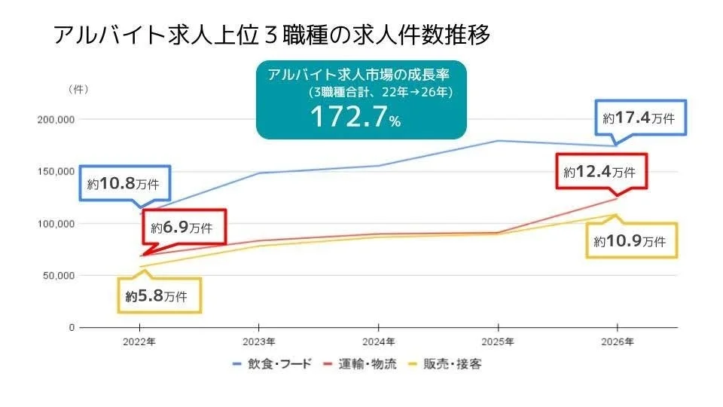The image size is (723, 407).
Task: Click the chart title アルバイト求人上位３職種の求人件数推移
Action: (x=271, y=35)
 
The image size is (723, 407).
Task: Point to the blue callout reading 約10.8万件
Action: (x=125, y=184)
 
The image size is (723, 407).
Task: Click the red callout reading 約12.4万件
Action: (x=599, y=172)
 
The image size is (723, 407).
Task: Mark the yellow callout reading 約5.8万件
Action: (x=161, y=296)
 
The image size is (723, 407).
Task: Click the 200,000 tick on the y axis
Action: (x=56, y=119)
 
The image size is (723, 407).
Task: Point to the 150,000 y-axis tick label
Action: (x=56, y=172)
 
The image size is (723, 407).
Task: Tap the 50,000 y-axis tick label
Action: (x=58, y=276)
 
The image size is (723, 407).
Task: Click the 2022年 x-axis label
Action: (x=139, y=341)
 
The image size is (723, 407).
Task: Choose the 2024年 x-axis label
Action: (x=378, y=341)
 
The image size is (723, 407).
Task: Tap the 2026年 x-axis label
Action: (x=617, y=341)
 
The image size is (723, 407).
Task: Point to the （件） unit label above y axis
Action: (x=78, y=89)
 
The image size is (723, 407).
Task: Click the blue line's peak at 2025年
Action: (x=498, y=141)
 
